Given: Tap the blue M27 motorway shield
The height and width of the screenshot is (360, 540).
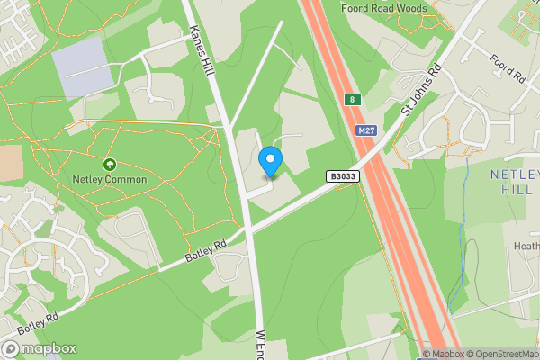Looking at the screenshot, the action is pos(365,130).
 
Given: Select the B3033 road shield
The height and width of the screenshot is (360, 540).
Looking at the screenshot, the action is pos(343,177).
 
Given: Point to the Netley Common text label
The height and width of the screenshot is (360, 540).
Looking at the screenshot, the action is pos(109,180).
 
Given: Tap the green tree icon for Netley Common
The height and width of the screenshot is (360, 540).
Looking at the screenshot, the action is pos(110,165).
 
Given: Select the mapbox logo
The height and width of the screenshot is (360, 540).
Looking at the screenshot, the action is pos(40,348).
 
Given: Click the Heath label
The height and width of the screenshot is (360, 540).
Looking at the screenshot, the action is pos(526,247).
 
